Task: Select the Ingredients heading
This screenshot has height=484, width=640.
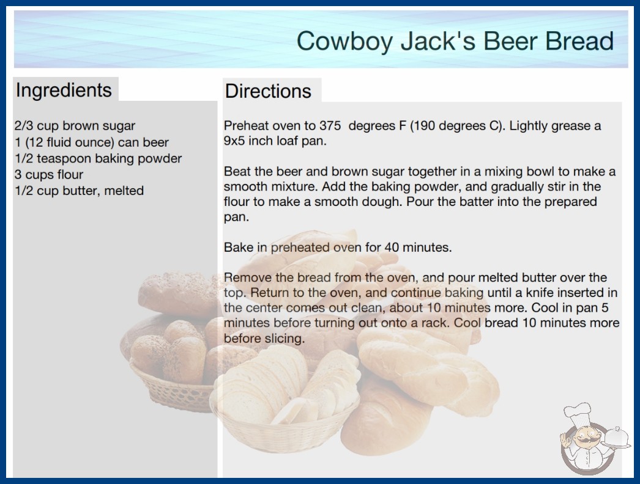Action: click(x=64, y=90)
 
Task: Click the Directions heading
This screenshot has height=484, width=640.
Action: click(x=268, y=91)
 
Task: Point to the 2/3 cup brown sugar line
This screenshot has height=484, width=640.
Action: click(x=75, y=126)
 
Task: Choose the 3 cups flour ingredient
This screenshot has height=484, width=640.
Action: click(x=49, y=175)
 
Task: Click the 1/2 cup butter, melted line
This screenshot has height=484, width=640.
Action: click(x=79, y=191)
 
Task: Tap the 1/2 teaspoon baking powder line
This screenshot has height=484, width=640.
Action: click(x=98, y=159)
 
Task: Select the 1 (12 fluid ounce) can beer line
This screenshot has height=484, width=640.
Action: click(x=91, y=142)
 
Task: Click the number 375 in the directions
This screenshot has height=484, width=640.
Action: click(x=330, y=126)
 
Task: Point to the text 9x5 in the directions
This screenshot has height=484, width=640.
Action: click(x=234, y=141)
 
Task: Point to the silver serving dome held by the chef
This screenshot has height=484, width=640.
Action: click(x=617, y=438)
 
